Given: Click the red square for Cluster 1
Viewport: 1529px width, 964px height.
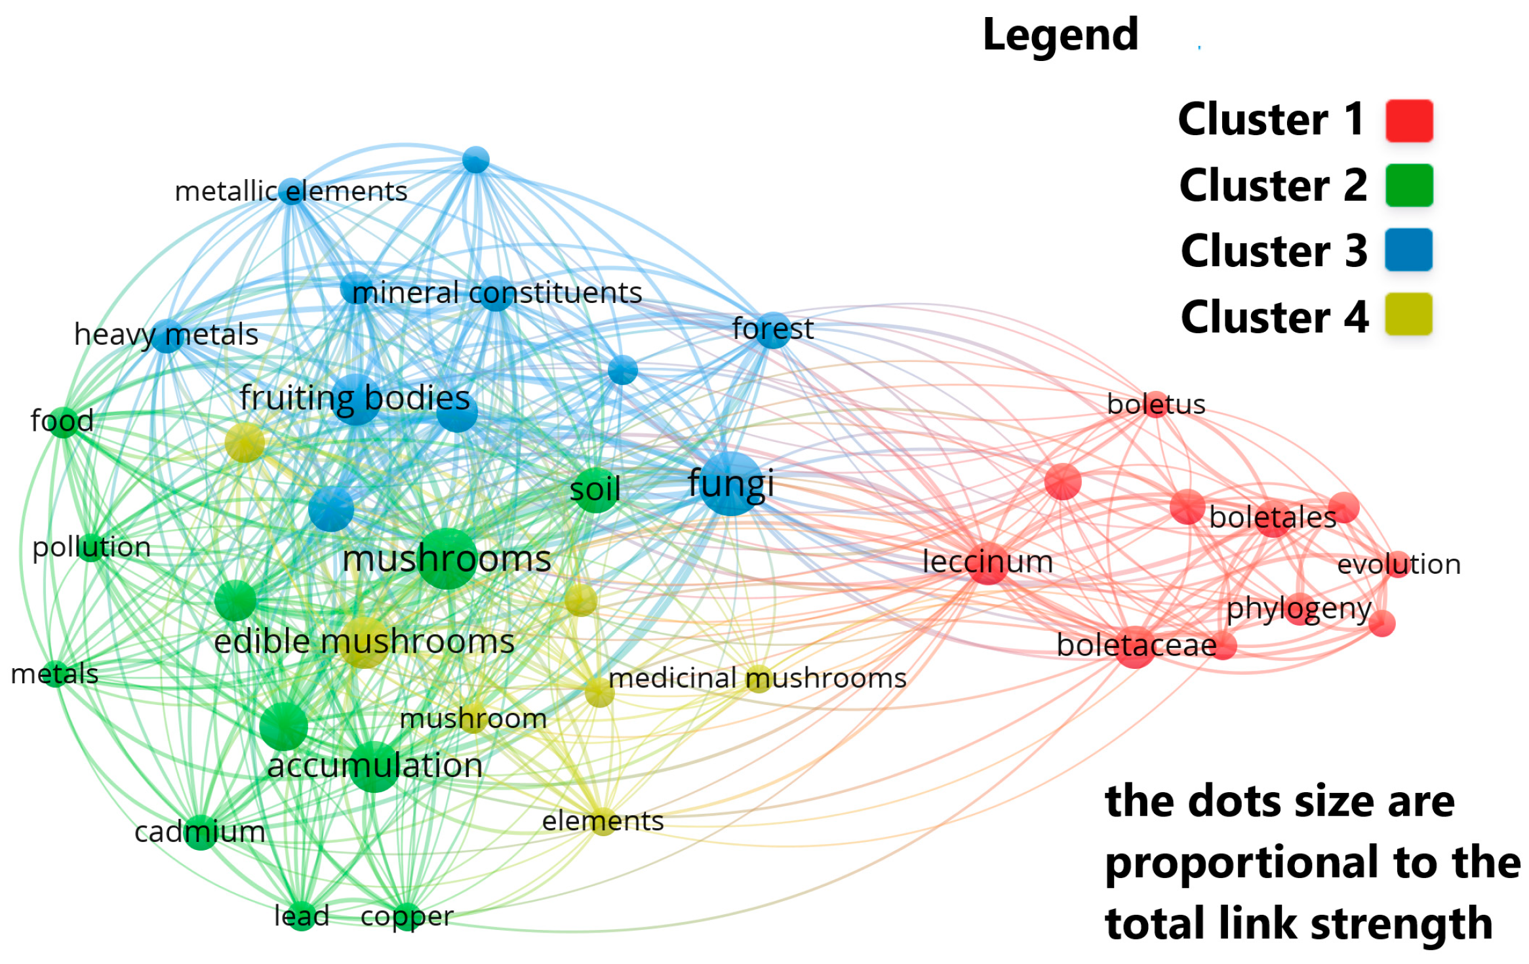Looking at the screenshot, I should (x=1408, y=121).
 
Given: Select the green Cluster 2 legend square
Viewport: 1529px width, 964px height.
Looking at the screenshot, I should (x=1408, y=186).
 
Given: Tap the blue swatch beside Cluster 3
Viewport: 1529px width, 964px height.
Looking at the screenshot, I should (x=1408, y=250).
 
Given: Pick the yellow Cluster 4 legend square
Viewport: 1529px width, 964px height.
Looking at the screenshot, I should (x=1408, y=315).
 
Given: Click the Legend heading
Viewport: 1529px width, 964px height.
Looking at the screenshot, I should (x=1060, y=35).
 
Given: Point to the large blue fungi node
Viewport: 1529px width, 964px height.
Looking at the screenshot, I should (x=730, y=483).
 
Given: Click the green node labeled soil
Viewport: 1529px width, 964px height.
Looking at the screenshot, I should (x=594, y=490).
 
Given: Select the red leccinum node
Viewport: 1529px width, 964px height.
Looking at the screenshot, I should (x=987, y=563).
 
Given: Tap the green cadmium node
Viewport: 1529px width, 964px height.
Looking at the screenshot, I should (x=201, y=832).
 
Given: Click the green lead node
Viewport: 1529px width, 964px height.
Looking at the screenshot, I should (x=302, y=916).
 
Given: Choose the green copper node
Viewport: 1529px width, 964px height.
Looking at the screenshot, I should (x=407, y=916).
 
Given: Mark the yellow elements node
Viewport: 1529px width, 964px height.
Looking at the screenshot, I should (x=603, y=821).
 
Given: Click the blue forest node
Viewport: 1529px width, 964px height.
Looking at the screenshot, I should (x=772, y=330).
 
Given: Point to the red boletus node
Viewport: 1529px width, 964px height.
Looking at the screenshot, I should (x=1156, y=403).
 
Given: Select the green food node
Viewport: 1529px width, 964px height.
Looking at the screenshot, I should (x=63, y=421).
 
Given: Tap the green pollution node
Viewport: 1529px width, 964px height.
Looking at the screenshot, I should (x=92, y=546).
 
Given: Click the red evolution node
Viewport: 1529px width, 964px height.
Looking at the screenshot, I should (x=1398, y=564).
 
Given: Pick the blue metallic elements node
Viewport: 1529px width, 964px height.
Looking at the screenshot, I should (x=292, y=191).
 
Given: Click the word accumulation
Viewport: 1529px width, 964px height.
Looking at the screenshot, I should (x=374, y=766).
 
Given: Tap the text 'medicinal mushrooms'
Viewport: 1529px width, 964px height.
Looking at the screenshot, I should (x=757, y=678).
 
